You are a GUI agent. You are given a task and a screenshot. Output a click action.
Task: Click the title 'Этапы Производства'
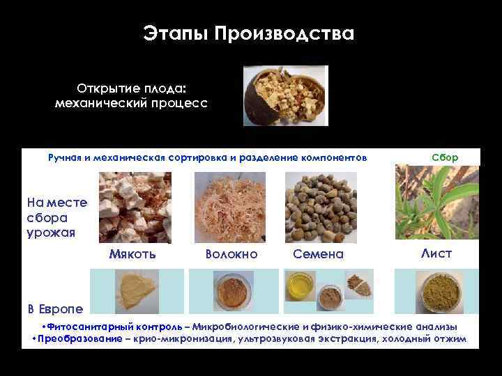pos(249,33)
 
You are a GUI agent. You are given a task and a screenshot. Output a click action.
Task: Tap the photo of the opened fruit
pos(284,96)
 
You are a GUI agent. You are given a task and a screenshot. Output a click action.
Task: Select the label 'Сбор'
pos(445,157)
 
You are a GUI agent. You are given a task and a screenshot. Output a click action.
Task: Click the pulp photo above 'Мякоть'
pos(125,207)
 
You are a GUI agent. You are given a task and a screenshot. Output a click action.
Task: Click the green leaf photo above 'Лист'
pos(437,203)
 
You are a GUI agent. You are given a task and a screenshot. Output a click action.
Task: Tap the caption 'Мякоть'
pos(132,253)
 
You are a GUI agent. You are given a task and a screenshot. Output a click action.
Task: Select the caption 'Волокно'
pos(231,254)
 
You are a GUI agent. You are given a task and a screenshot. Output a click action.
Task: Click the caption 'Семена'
pos(318,254)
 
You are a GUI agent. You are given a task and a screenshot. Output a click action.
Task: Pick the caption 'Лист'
pos(436,253)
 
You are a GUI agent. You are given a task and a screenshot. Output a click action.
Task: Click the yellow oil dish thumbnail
pos(300,285)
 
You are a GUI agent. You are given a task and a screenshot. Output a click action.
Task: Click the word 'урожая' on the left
pos(50,232)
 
